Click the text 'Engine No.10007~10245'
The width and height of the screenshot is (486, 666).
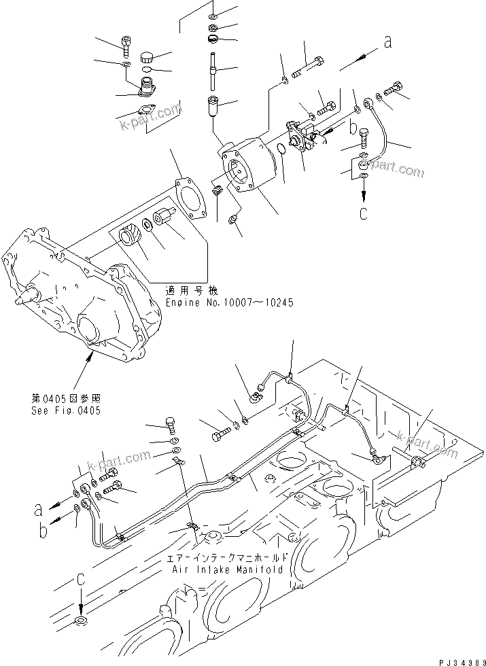pos(230,302)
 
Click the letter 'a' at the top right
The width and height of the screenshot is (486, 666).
pos(388,42)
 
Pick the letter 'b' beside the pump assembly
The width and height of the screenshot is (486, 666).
pos(353,126)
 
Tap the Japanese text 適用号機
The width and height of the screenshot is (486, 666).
pos(185,290)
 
